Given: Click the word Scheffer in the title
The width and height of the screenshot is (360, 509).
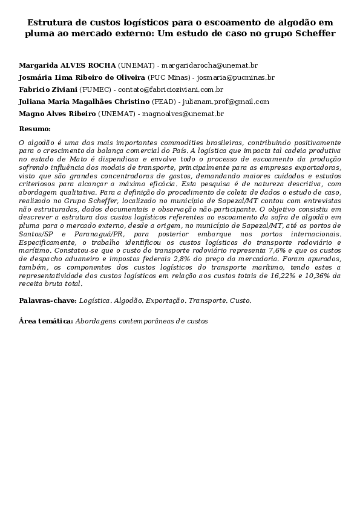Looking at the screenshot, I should point(315,34).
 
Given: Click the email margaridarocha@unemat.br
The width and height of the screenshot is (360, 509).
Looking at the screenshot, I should point(209,64).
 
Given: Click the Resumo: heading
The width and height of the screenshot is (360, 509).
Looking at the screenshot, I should point(35,129).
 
